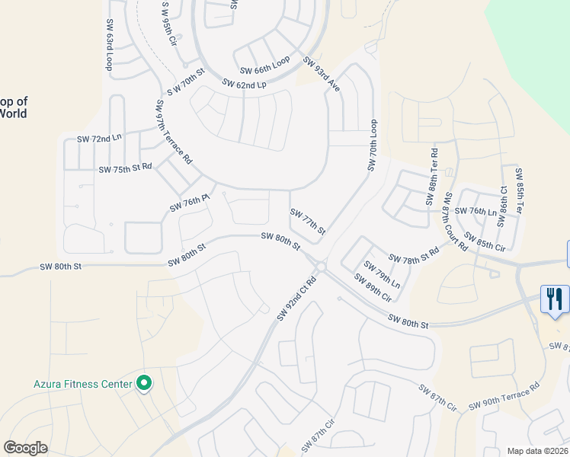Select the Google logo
[x=25, y=448]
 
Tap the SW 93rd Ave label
[x=321, y=73]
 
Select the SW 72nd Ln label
[x=99, y=139]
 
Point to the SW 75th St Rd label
[x=125, y=167]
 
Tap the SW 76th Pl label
[x=189, y=203]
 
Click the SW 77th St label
[x=309, y=222]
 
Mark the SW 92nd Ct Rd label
[x=296, y=298]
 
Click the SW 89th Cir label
[x=373, y=287]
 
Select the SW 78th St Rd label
[x=414, y=255]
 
